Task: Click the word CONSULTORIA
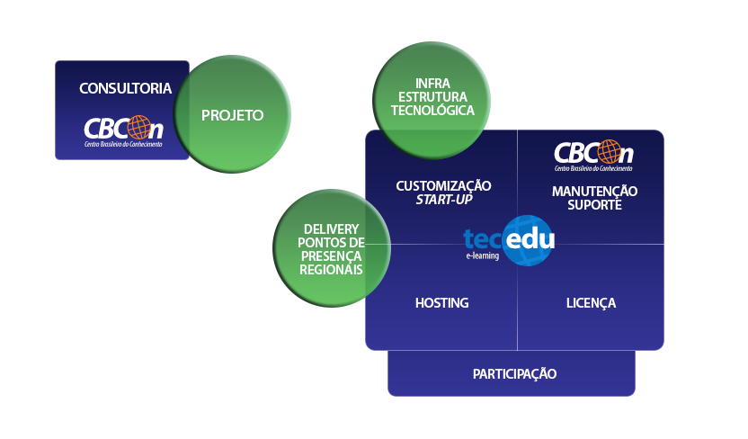pos(125,88)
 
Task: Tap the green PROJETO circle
pos(232,115)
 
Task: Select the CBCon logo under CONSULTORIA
pos(124,131)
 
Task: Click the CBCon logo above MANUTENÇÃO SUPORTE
pos(593,156)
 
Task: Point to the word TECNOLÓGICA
pos(432,111)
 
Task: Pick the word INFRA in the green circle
pos(432,83)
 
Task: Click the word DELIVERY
pos(332,229)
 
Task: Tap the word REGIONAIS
pos(332,269)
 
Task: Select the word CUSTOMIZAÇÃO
pos(444,185)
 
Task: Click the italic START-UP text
pos(444,199)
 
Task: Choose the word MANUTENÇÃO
pos(594,191)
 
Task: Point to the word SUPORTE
pos(594,204)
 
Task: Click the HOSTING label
pos(441,302)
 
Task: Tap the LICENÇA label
pos(591,302)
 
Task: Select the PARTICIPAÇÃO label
pos(514,373)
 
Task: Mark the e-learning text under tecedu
pos(483,255)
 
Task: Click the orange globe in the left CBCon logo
pos(139,127)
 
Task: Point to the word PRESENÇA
pos(332,255)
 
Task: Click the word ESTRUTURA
pos(432,96)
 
